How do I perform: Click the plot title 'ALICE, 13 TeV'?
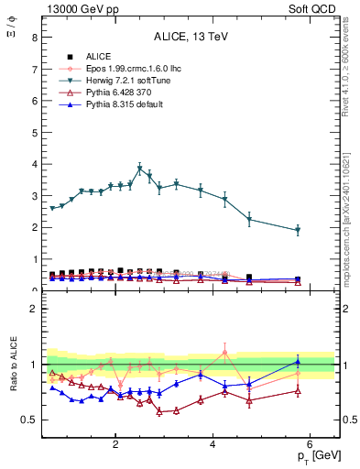pos(187,35)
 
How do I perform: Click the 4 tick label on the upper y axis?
pos(34,165)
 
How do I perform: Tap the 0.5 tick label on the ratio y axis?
pos(29,420)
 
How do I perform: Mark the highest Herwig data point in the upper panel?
pos(140,169)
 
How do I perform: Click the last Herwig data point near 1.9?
pos(298,230)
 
